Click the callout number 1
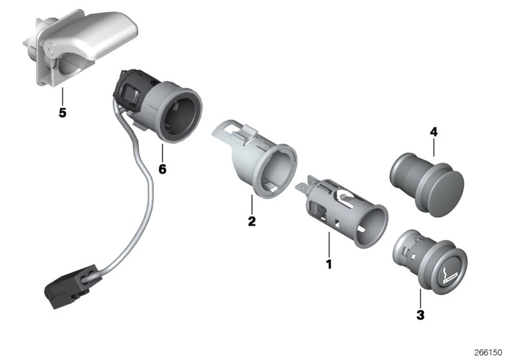click(329, 264)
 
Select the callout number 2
click(252, 222)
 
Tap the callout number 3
click(420, 315)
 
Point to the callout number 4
click(434, 133)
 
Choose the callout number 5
click(62, 113)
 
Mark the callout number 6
click(162, 169)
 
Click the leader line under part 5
click(62, 97)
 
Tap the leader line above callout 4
click(434, 148)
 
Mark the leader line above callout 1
click(329, 246)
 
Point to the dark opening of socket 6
click(180, 116)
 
